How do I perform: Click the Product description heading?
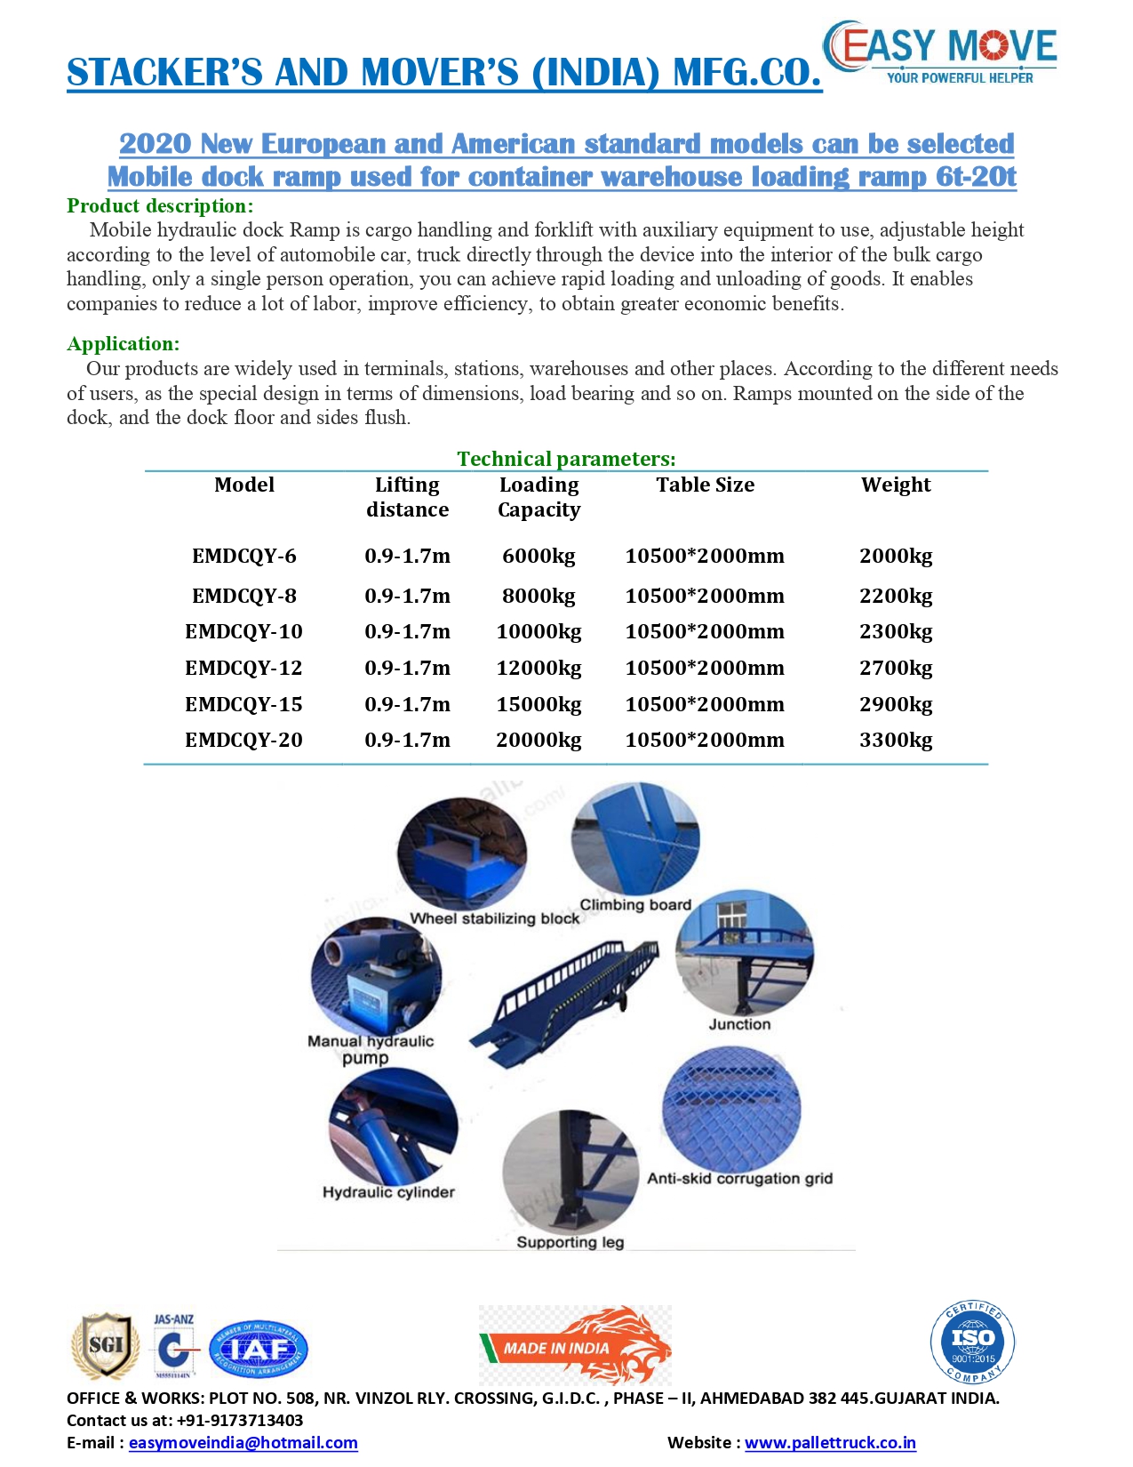[160, 206]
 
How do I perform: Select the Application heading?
[123, 344]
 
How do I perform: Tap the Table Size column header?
[705, 485]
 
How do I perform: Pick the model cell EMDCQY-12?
[243, 668]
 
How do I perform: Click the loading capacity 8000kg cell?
[539, 596]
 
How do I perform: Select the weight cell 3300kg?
[896, 740]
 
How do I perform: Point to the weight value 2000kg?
[896, 557]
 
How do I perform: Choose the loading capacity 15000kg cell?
[539, 704]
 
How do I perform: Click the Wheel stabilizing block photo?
[461, 852]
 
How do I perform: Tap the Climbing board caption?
[635, 905]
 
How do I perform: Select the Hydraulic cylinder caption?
[388, 1192]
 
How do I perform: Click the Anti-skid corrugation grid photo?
[731, 1110]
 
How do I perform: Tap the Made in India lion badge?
[575, 1345]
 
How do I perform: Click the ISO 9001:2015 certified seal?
[973, 1343]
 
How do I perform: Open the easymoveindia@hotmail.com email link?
[243, 1443]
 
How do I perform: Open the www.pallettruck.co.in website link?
[830, 1443]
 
